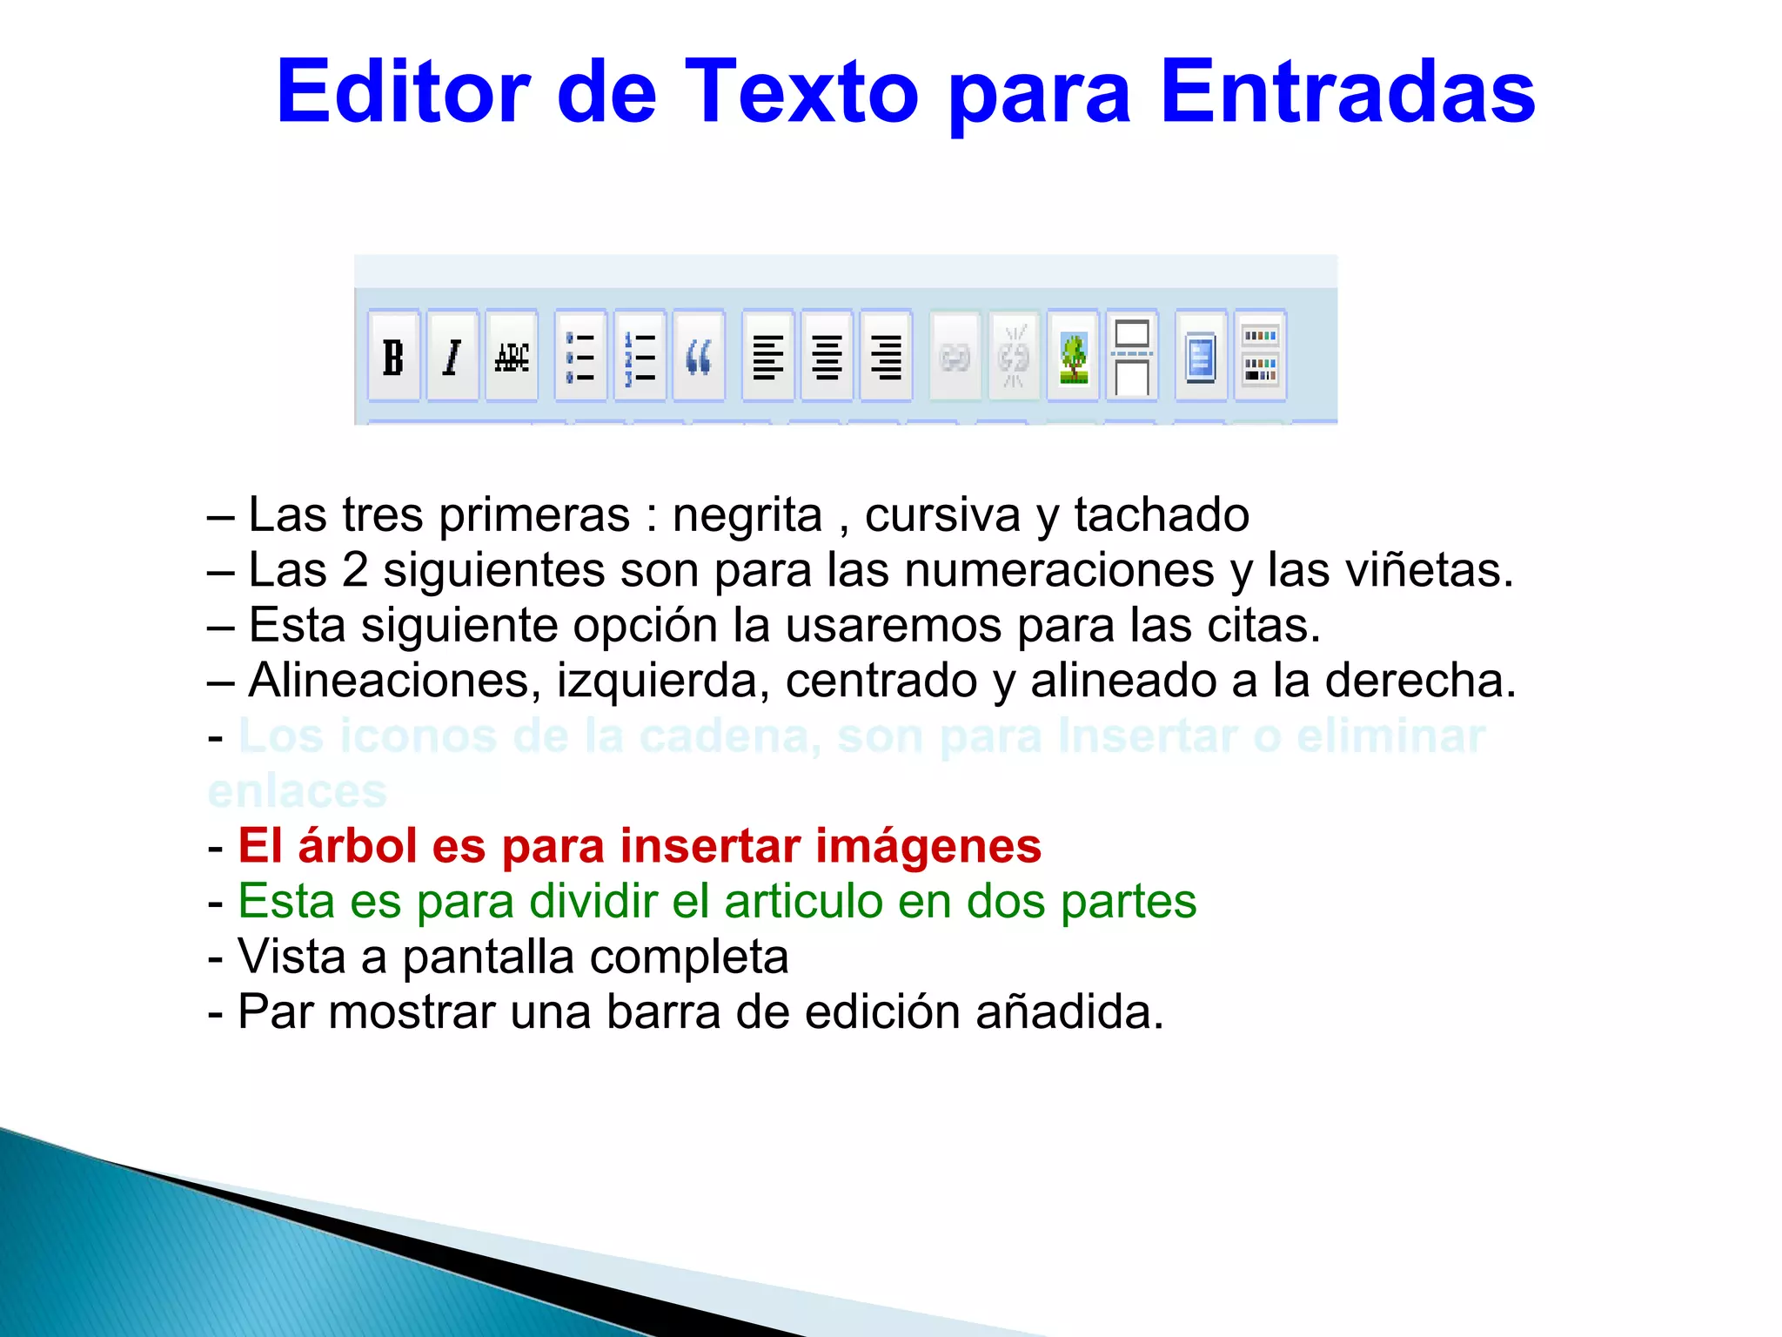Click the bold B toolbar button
393,357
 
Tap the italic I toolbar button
452,357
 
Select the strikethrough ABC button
512,357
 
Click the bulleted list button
580,357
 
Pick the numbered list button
640,357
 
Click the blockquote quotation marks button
699,357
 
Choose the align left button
767,357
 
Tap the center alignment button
827,357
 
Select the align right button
886,357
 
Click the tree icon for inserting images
1073,357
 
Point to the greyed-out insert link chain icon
955,357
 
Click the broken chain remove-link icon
1014,357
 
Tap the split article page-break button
1132,357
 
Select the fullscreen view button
1201,357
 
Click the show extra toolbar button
1260,357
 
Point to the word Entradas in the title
1348,91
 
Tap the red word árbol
357,846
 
